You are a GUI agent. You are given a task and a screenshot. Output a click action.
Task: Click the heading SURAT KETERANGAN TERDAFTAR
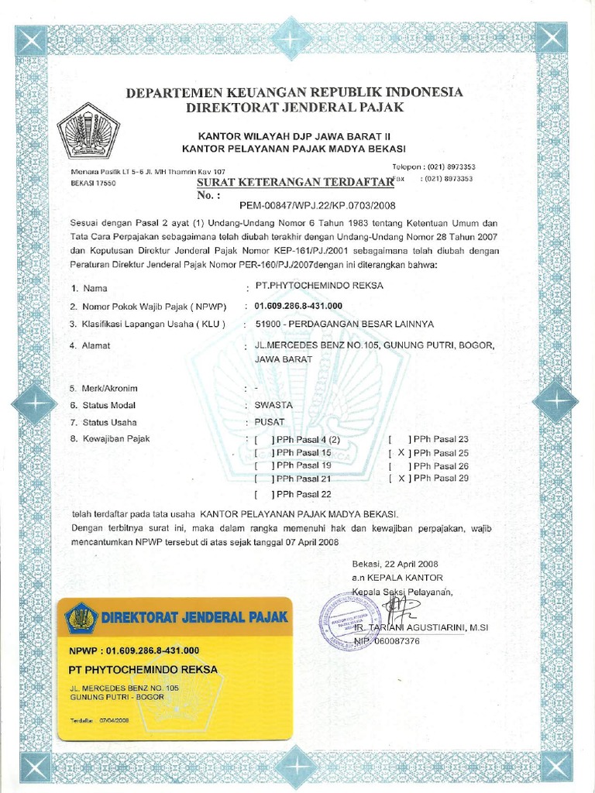tap(296, 181)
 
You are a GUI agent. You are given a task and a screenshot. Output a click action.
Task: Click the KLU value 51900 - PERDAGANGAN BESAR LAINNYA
tap(339, 323)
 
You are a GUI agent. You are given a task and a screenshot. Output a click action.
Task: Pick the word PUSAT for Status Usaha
tap(270, 422)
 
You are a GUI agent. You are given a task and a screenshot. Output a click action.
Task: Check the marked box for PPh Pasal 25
tap(401, 453)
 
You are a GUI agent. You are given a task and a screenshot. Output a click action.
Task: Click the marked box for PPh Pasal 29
tap(401, 479)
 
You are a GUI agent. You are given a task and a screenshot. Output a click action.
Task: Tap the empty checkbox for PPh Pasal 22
tap(263, 494)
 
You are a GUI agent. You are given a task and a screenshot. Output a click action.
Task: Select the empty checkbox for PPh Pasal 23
tap(401, 439)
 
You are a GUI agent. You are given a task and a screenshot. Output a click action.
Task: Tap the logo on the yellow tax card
tap(81, 618)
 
